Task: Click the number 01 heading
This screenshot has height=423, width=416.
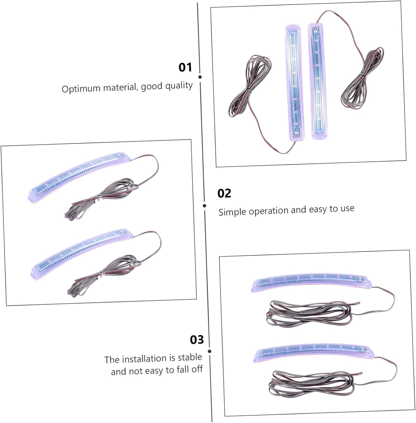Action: tap(185, 67)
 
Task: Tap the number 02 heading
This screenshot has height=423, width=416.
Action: tap(224, 193)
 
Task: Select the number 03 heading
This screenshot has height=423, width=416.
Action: tap(197, 340)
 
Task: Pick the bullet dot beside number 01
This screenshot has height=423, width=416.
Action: tap(200, 77)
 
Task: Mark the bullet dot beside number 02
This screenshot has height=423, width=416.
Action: tap(204, 206)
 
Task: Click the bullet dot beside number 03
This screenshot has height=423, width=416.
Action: tap(210, 351)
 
